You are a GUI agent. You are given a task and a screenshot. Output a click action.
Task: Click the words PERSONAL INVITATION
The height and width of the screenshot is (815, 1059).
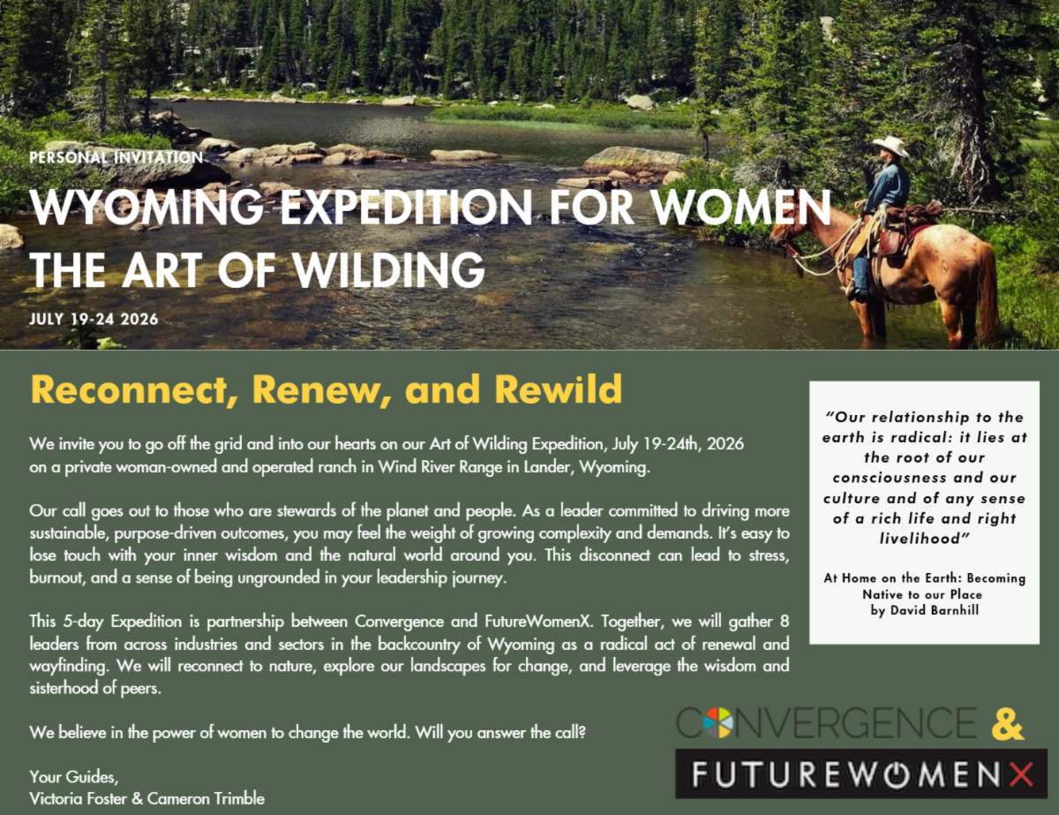click(x=116, y=157)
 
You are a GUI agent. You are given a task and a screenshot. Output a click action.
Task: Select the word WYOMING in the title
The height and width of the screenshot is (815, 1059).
click(x=146, y=208)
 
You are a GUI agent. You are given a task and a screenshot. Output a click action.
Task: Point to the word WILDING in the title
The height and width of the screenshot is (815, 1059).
click(x=389, y=270)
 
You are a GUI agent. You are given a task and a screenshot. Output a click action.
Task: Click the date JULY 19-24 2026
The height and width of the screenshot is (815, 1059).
click(x=94, y=320)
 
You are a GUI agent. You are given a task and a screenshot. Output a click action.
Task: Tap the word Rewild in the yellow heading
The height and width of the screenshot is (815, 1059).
click(x=559, y=389)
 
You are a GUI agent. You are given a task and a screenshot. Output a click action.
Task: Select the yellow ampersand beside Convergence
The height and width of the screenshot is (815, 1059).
click(x=1007, y=724)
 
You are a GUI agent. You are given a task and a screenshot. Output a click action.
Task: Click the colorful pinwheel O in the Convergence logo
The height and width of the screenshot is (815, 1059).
click(x=718, y=723)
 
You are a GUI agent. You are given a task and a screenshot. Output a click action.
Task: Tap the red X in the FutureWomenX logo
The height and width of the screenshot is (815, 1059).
click(x=1021, y=774)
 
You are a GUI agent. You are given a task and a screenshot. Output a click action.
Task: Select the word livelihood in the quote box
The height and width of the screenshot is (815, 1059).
click(x=924, y=538)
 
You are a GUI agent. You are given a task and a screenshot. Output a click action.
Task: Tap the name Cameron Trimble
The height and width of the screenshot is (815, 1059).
click(x=206, y=798)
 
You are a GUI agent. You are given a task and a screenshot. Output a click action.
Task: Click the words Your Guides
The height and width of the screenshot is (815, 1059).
click(x=73, y=776)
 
